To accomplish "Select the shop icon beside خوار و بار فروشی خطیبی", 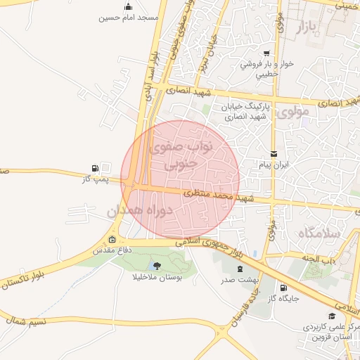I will click(x=266, y=53).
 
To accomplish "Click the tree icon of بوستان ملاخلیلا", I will click(x=156, y=265).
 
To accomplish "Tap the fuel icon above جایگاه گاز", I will click(x=283, y=288).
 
